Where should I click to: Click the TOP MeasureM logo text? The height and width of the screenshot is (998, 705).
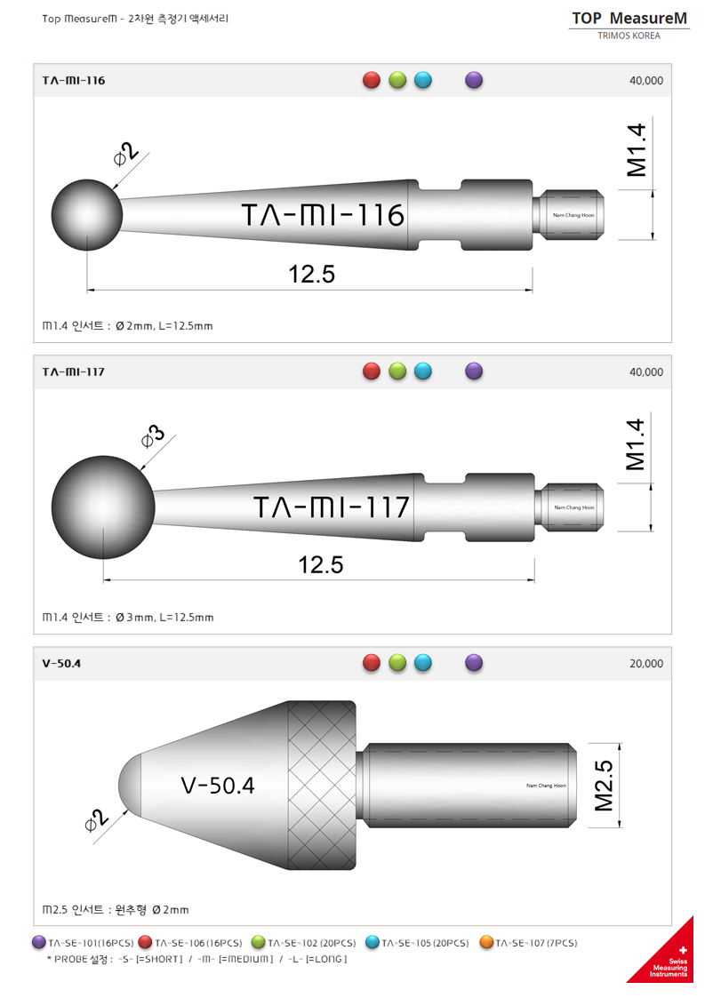[629, 18]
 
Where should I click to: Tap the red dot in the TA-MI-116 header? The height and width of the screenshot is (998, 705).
[372, 80]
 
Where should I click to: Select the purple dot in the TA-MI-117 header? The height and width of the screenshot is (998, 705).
[474, 371]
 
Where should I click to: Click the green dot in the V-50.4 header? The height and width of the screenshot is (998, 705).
[397, 663]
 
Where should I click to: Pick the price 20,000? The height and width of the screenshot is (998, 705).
[645, 664]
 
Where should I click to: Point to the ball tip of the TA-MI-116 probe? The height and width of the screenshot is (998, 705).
[86, 214]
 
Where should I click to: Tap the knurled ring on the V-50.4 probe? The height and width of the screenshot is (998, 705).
[322, 785]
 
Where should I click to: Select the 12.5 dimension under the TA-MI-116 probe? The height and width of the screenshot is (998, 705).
[312, 275]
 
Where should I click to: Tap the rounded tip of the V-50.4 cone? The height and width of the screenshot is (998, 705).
[130, 785]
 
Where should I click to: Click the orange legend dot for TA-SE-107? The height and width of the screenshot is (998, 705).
[486, 943]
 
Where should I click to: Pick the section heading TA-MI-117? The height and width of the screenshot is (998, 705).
[74, 371]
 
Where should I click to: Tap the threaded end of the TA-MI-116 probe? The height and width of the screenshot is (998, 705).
[571, 214]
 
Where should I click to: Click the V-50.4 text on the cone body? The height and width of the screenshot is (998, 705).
[217, 786]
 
